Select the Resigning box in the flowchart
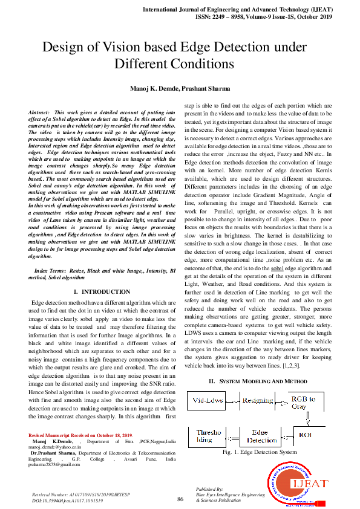[257, 401]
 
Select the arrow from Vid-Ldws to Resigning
[232, 401]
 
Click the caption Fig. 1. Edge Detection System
[260, 452]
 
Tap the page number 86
[180, 499]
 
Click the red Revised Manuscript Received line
[80, 435]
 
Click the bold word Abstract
[39, 112]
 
